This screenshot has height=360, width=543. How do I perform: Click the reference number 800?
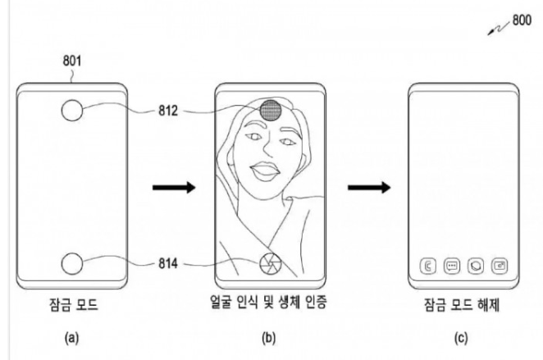(522, 20)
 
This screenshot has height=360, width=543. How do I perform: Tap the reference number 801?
(72, 61)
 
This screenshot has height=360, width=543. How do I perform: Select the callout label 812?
(168, 111)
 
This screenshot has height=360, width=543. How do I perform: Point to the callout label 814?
(168, 264)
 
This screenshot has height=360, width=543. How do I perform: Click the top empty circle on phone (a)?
(72, 111)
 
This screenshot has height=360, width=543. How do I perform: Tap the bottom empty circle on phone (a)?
(72, 264)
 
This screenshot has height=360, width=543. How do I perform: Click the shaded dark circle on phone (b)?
(270, 110)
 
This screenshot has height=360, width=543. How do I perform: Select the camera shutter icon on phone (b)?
(270, 264)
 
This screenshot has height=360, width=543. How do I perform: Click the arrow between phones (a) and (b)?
(174, 188)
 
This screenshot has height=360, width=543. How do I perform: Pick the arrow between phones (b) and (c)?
(369, 188)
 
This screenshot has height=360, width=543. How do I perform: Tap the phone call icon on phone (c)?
(428, 267)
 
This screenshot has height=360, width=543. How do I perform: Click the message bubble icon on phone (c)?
(452, 267)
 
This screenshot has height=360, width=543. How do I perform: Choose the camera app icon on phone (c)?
(500, 267)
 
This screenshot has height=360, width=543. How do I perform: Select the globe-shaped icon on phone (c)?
(476, 267)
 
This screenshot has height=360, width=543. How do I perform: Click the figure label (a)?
(71, 338)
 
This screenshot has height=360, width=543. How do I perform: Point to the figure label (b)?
(269, 338)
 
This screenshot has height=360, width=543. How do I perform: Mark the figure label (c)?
(461, 338)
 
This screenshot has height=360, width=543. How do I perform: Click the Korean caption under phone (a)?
(74, 304)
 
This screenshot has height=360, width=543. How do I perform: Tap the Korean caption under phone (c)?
(462, 304)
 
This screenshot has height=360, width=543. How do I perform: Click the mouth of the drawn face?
(263, 171)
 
